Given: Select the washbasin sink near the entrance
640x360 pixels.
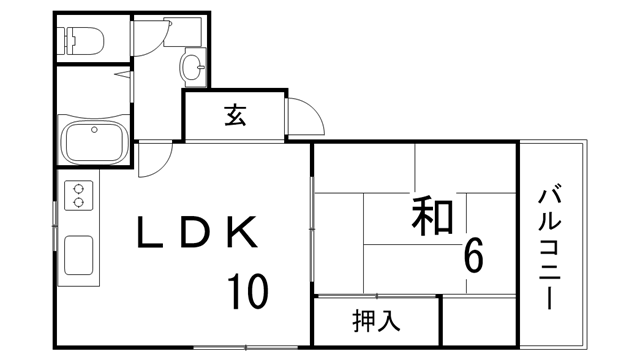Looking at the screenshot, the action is tap(191, 67).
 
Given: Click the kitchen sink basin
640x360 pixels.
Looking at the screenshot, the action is tap(78, 256).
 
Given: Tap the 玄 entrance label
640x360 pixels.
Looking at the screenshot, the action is tap(236, 116).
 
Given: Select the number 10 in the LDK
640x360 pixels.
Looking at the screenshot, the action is tap(244, 292).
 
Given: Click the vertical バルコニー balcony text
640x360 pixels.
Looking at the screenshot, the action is tap(550, 246).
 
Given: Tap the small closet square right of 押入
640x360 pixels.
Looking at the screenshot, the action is tap(478, 321).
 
